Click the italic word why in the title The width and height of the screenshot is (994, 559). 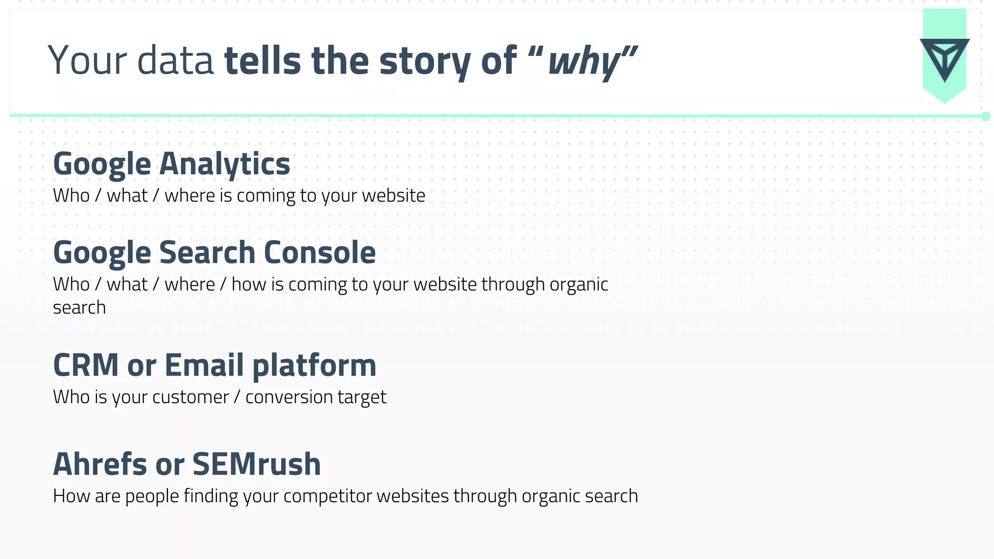(584, 62)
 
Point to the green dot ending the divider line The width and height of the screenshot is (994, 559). (986, 116)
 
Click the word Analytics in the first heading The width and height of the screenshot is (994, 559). (224, 164)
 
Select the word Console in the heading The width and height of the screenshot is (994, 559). (319, 252)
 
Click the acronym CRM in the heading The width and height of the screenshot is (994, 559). (86, 365)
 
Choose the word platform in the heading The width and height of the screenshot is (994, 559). (314, 366)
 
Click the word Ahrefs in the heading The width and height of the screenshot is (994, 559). (99, 464)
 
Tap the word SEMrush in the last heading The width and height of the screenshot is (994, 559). (257, 464)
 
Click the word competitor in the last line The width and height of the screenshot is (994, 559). (328, 496)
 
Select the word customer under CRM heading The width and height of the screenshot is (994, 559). (190, 397)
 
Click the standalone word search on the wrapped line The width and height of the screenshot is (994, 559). (79, 308)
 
